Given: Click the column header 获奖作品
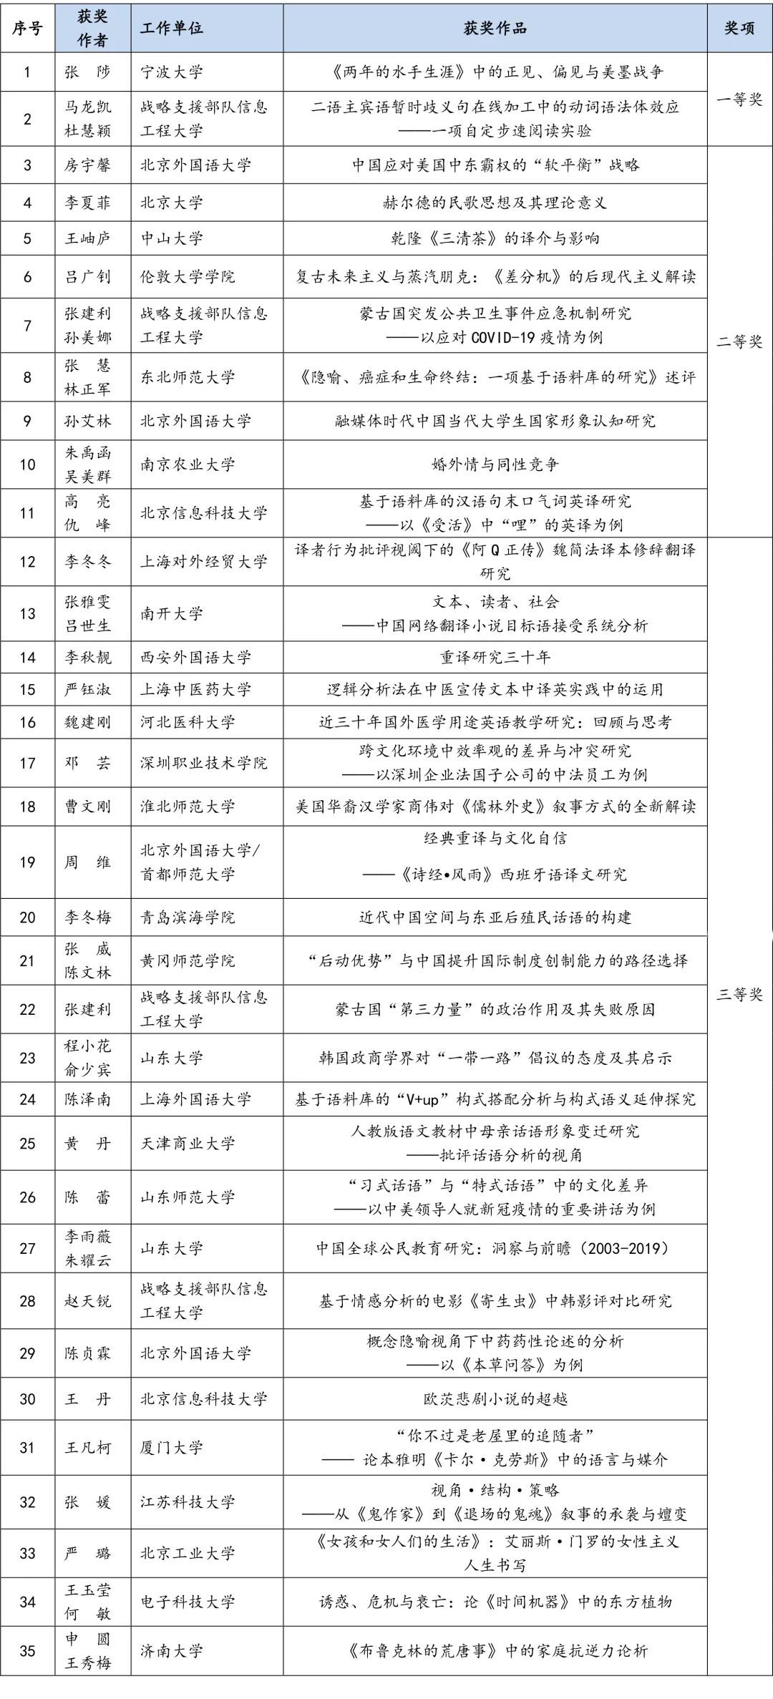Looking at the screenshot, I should coord(495,28).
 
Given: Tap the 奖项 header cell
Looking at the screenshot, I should coord(739,28).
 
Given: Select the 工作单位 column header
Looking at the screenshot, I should coord(172,28).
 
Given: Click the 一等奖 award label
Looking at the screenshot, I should coord(739,99).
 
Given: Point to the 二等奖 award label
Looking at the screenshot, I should coord(739,341).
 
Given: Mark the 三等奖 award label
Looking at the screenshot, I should coord(739,994).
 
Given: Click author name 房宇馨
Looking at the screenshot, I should coord(88,165).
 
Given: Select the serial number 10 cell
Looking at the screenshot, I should coord(27,464).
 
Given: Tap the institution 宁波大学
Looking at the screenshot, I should coord(172,72).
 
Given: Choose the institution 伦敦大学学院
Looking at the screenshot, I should coord(188,277).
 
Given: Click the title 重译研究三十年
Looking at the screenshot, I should coord(495,657).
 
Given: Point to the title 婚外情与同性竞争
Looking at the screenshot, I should coord(495,464).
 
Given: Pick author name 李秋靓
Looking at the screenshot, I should coord(88,657).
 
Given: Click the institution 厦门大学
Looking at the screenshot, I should coord(172,1448).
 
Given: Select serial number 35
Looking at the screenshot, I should coord(27,1651).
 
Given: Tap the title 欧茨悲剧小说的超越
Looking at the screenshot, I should coord(495,1398).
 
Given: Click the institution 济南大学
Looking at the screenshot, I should coord(172,1651).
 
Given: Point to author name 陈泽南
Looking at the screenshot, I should coord(88,1099).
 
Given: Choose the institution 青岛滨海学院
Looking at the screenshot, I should coord(188,917).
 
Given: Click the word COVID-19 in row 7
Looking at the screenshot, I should coord(505,337).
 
